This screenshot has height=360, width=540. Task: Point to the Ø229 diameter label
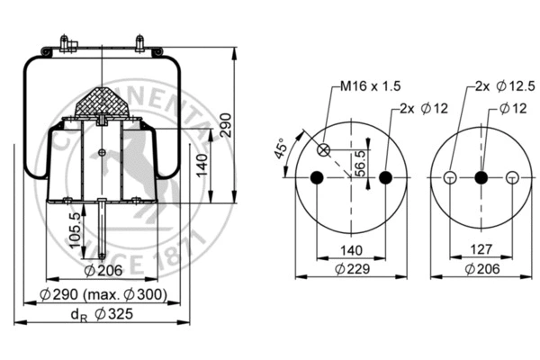point(352,269)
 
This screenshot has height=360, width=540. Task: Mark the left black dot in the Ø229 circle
point(316,178)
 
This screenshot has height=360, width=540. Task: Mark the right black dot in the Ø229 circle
point(386,178)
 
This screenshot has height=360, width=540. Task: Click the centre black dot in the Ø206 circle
point(481,178)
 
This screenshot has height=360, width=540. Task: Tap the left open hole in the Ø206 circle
point(449,178)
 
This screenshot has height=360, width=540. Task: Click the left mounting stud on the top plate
point(65,43)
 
